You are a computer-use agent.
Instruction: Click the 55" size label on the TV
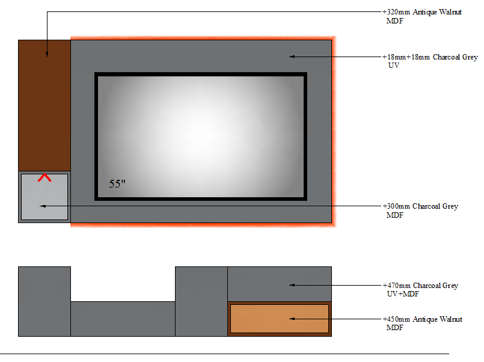117,183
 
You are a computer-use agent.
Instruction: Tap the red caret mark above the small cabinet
44,177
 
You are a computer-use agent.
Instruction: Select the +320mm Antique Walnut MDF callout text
422,16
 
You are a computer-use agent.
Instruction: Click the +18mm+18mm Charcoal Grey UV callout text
430,61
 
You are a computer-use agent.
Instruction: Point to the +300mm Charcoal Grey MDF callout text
420,210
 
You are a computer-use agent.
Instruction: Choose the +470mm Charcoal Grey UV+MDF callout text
420,289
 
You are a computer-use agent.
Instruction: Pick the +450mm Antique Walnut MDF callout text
423,323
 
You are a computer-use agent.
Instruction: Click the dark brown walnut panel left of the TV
44,106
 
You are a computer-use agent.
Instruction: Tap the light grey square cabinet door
44,197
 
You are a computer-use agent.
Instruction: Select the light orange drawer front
280,319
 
